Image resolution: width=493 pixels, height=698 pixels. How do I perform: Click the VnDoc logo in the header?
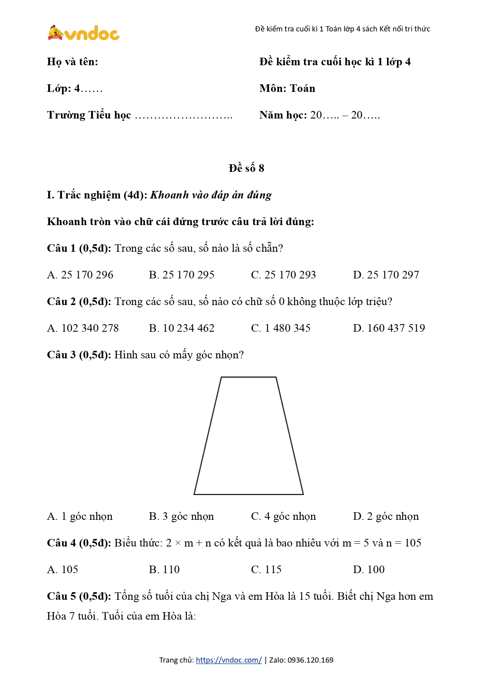pyautogui.click(x=83, y=33)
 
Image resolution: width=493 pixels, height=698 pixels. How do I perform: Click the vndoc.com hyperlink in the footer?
pyautogui.click(x=228, y=660)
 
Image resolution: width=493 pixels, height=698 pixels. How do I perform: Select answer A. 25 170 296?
pyautogui.click(x=80, y=275)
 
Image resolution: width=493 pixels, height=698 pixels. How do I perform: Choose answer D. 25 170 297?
pyautogui.click(x=386, y=275)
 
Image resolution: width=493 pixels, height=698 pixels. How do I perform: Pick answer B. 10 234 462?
pyautogui.click(x=182, y=328)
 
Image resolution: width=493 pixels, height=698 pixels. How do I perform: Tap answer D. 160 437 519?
pyautogui.click(x=389, y=328)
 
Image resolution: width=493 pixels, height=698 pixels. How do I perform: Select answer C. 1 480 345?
pyautogui.click(x=280, y=328)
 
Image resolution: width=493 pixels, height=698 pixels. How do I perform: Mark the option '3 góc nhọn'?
pyautogui.click(x=181, y=516)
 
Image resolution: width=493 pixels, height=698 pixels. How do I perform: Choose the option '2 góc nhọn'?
pyautogui.click(x=386, y=516)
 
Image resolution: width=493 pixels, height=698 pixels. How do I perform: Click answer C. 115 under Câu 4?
pyautogui.click(x=266, y=570)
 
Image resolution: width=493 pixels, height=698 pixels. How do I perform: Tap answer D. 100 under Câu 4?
pyautogui.click(x=369, y=570)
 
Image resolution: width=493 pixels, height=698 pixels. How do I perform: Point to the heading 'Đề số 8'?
pyautogui.click(x=246, y=168)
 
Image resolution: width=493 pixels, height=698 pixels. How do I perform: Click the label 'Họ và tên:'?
pyautogui.click(x=72, y=62)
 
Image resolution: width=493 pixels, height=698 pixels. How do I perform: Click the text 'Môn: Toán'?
pyautogui.click(x=287, y=88)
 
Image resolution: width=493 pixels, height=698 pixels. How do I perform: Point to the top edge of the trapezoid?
pyautogui.click(x=248, y=377)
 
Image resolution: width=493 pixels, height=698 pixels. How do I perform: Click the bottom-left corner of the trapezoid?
pyautogui.click(x=194, y=494)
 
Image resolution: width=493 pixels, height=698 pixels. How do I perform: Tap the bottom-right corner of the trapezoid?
pyautogui.click(x=303, y=494)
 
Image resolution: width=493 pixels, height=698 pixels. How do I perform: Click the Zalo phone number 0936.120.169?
pyautogui.click(x=310, y=660)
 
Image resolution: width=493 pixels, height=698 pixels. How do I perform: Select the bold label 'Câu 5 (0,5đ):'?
pyautogui.click(x=79, y=596)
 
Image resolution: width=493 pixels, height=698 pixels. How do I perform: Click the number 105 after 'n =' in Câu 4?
pyautogui.click(x=413, y=543)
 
